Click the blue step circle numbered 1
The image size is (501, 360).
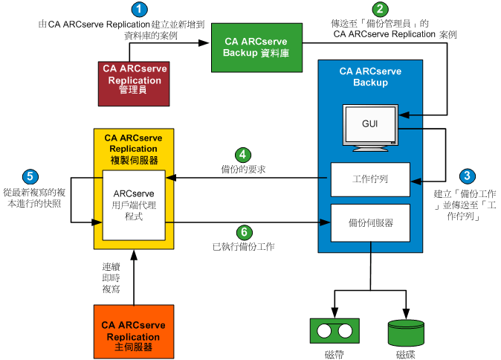[139, 10]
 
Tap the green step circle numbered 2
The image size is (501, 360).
[381, 10]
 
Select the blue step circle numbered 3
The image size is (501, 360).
[467, 176]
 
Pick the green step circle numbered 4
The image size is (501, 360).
[243, 155]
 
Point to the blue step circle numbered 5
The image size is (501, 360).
[30, 176]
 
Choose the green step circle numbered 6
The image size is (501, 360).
[243, 231]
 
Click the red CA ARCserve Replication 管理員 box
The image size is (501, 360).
[134, 80]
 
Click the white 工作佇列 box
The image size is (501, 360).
[369, 179]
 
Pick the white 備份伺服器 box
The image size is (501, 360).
[370, 222]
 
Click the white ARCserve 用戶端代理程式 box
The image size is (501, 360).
[133, 204]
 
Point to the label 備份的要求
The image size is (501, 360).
[243, 170]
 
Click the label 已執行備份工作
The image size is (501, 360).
[242, 245]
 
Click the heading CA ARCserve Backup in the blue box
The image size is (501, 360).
[370, 77]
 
